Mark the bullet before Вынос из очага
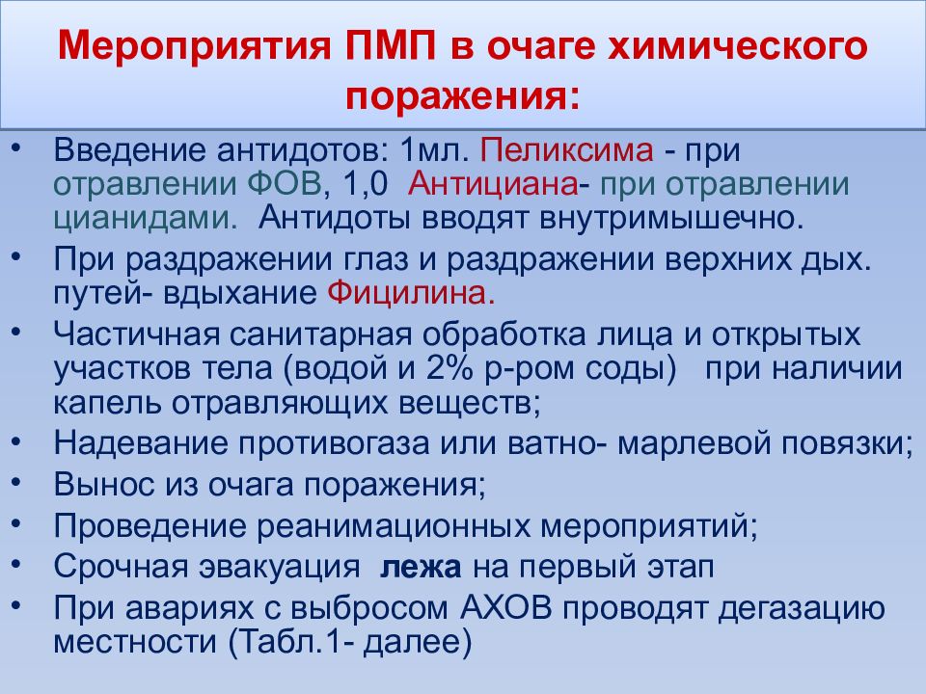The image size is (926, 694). coord(21,479)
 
